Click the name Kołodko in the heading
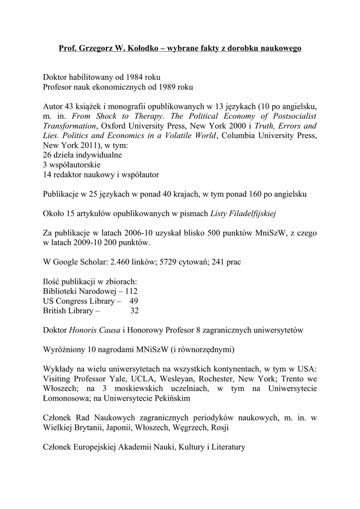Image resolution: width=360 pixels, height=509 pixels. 149,49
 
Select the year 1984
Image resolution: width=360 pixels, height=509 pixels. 135,78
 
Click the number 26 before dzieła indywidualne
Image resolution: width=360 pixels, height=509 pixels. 48,155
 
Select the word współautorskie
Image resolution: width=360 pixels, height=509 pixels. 76,165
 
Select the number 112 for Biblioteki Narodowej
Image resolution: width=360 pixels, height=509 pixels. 131,291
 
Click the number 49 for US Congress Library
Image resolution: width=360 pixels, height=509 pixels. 134,301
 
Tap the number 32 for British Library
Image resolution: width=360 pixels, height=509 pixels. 134,311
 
